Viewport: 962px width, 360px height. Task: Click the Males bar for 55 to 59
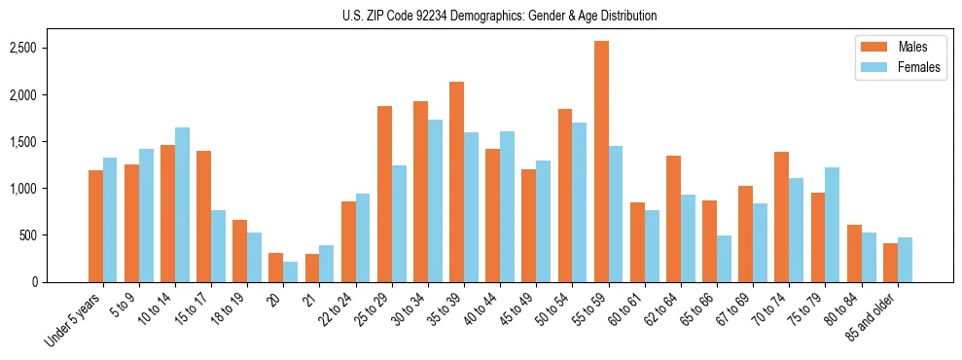pos(601,162)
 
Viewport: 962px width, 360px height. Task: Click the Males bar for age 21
pos(312,268)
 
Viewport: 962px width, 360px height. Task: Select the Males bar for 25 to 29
pos(384,195)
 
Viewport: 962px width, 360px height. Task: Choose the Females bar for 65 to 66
pos(724,259)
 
